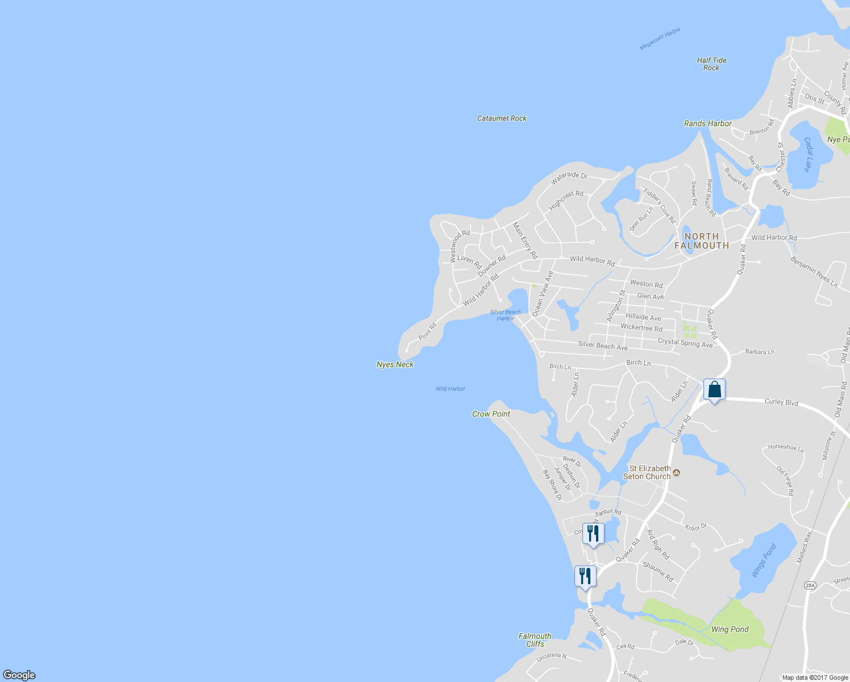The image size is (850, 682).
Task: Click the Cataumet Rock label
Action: tap(502, 118)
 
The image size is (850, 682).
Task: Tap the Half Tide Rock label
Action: tap(711, 64)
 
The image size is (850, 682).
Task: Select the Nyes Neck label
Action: tap(395, 364)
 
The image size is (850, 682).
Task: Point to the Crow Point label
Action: tap(491, 414)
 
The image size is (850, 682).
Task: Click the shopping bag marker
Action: tap(714, 390)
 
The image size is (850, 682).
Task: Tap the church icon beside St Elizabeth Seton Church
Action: tap(676, 472)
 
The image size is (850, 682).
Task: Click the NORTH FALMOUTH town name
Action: tap(702, 241)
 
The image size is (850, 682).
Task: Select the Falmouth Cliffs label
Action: tap(535, 640)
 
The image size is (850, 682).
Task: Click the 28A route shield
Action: tap(810, 585)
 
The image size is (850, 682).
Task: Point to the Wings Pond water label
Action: tap(763, 560)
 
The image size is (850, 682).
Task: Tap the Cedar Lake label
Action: tap(807, 154)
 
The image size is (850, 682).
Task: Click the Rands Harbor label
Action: tap(707, 123)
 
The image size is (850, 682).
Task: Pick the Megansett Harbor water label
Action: tap(660, 39)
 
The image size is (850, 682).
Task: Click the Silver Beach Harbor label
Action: tap(505, 315)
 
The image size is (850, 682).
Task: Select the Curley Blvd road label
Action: tap(781, 402)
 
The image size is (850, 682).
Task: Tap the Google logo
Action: tap(19, 675)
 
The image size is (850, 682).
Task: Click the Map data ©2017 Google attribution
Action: tap(815, 677)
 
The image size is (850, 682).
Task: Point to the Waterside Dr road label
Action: tap(569, 178)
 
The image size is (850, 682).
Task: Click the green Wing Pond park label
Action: tap(730, 629)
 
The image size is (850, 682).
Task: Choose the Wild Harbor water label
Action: tap(450, 389)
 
